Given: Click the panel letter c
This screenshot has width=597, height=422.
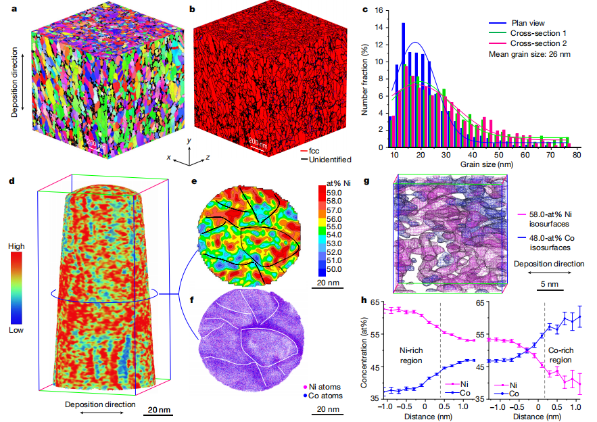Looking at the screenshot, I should (x=366, y=9).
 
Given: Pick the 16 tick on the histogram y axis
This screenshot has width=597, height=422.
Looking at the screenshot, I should (x=380, y=11).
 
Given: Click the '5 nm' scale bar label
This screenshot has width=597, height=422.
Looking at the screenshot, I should (x=548, y=284).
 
